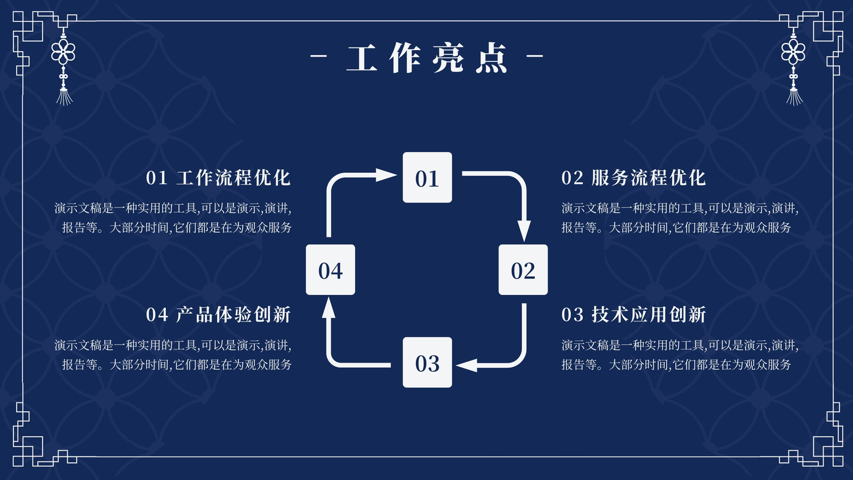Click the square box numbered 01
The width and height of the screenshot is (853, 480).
click(x=427, y=178)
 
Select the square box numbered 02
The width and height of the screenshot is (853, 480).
click(x=523, y=270)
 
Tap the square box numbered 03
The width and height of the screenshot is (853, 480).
click(x=427, y=362)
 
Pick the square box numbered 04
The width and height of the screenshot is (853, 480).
click(x=331, y=270)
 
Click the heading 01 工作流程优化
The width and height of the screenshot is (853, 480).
click(x=218, y=178)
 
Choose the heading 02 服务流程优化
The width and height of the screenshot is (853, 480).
click(x=634, y=178)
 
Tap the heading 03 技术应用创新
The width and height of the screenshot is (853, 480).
click(x=634, y=315)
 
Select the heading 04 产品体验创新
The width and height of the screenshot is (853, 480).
click(x=218, y=315)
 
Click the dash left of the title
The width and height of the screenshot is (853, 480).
click(x=318, y=56)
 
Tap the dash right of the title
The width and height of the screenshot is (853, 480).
click(x=535, y=56)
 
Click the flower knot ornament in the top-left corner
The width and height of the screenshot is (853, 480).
click(x=63, y=52)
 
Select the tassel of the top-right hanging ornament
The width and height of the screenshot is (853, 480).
click(x=794, y=97)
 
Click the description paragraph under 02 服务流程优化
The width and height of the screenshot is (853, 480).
click(x=680, y=218)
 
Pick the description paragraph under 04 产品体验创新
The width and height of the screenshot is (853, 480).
click(x=173, y=355)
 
